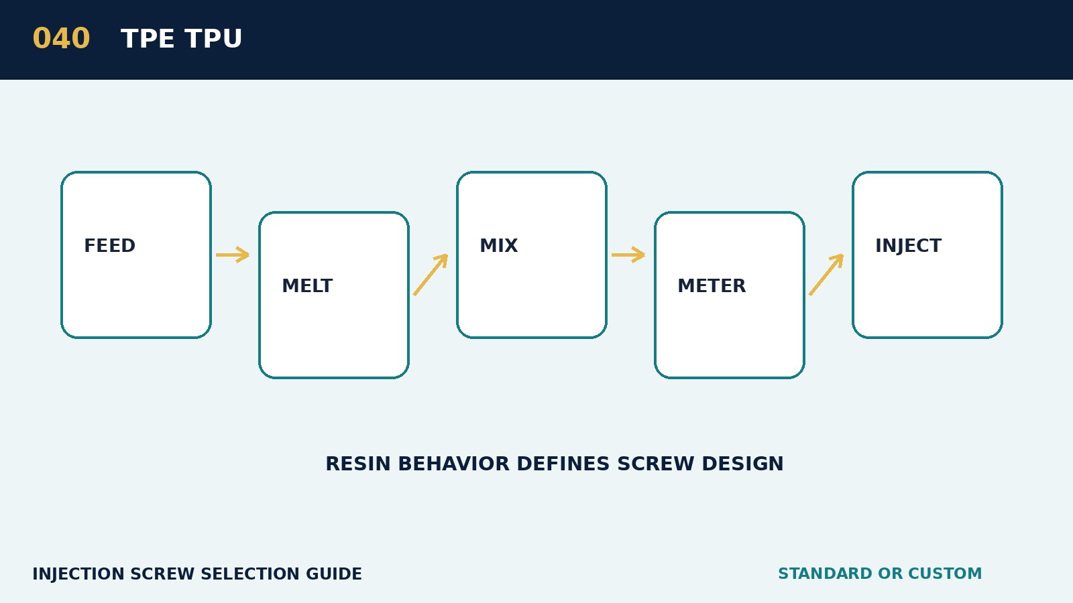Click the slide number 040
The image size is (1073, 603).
[61, 39]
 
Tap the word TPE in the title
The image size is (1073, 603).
[148, 39]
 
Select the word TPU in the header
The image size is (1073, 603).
[214, 39]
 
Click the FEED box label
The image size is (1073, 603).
[110, 245]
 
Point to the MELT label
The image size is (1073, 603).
[307, 285]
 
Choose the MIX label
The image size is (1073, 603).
[499, 245]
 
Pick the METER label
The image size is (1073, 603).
[712, 285]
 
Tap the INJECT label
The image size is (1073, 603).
[908, 245]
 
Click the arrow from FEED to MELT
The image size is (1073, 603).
[233, 255]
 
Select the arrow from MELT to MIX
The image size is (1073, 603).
[431, 275]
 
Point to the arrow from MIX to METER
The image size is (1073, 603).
[628, 255]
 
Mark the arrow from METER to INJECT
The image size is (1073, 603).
[826, 275]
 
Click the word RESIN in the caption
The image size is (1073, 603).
[358, 464]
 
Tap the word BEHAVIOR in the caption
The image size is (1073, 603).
[453, 464]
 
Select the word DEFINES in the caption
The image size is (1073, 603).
[563, 464]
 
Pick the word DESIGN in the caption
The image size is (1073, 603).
[742, 464]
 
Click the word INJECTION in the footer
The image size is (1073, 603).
[78, 574]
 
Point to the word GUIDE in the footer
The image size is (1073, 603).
[334, 574]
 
